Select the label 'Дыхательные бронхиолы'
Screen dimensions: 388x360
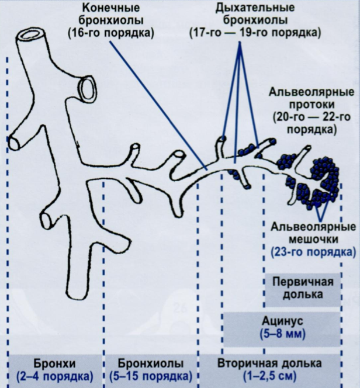(254, 15)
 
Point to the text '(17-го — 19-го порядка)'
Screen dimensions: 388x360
(255, 34)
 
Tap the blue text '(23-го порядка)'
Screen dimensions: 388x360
(313, 253)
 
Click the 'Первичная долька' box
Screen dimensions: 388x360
(303, 288)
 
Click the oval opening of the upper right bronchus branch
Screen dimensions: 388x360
(89, 88)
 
